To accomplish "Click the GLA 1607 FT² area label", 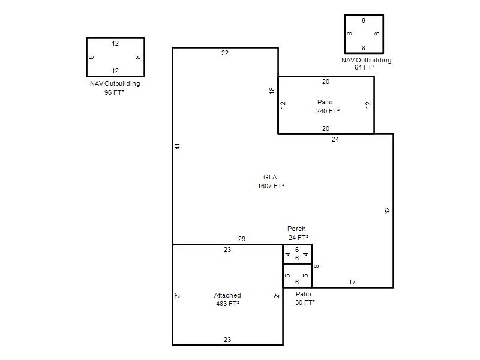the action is pyautogui.click(x=271, y=182).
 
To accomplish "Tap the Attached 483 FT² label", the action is pyautogui.click(x=227, y=299).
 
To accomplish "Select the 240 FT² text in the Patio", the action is pyautogui.click(x=328, y=111).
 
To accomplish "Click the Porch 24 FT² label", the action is pyautogui.click(x=298, y=233).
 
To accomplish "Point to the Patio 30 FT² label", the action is pyautogui.click(x=305, y=298).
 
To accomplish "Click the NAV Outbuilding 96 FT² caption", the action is pyautogui.click(x=115, y=88).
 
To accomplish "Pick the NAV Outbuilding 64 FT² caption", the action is pyautogui.click(x=367, y=64).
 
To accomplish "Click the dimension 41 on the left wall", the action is pyautogui.click(x=178, y=146).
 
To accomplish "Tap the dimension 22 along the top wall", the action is pyautogui.click(x=225, y=53).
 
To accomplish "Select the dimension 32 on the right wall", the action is pyautogui.click(x=387, y=211).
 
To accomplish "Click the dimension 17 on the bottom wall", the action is pyautogui.click(x=352, y=282).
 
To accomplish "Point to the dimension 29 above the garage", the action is pyautogui.click(x=242, y=239).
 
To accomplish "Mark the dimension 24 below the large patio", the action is pyautogui.click(x=335, y=139).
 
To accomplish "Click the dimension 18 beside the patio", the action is pyautogui.click(x=272, y=91).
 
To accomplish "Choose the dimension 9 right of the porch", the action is pyautogui.click(x=317, y=266).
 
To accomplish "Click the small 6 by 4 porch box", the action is pyautogui.click(x=297, y=254).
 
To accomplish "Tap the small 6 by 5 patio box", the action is pyautogui.click(x=297, y=275).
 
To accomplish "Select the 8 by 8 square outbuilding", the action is pyautogui.click(x=364, y=34).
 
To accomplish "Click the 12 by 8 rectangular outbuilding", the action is pyautogui.click(x=115, y=57).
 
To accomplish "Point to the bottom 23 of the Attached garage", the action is pyautogui.click(x=227, y=340).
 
